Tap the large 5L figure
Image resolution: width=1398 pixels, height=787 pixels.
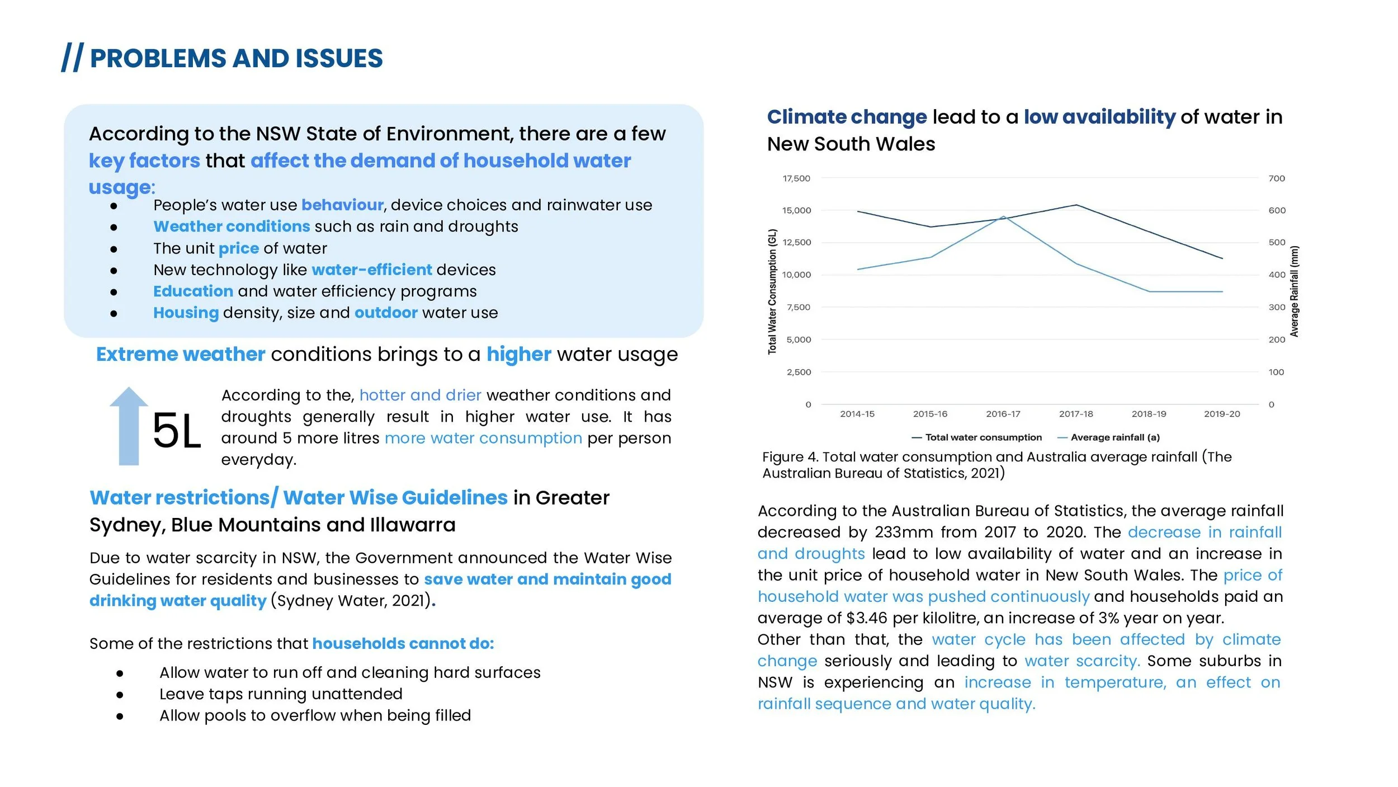(176, 431)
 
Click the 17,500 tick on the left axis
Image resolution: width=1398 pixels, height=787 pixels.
(796, 178)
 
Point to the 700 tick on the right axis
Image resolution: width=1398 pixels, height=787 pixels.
(1277, 178)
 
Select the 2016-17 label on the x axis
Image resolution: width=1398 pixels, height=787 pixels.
(1003, 414)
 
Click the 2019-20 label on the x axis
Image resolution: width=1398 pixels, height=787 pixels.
(1222, 414)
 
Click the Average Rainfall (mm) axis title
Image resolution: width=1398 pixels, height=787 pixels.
(1294, 291)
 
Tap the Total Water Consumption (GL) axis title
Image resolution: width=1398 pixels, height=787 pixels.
(772, 291)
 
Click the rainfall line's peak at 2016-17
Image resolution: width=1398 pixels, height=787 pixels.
(1004, 216)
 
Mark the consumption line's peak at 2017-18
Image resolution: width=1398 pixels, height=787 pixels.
(1076, 205)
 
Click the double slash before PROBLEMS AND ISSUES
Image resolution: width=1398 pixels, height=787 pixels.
(72, 58)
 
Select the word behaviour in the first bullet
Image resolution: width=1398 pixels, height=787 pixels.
(342, 205)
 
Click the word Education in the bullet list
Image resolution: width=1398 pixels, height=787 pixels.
(193, 291)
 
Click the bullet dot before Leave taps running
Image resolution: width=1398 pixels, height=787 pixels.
(120, 695)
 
